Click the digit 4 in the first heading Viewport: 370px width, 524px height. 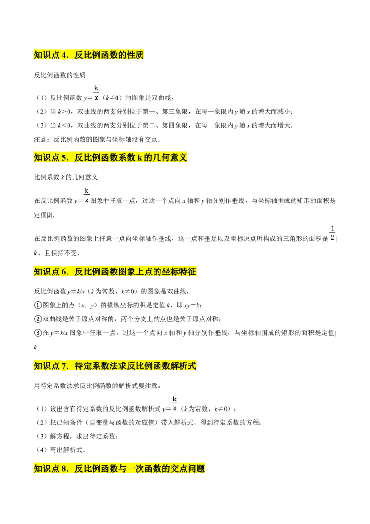tap(64, 56)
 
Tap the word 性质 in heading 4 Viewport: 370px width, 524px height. tap(135, 56)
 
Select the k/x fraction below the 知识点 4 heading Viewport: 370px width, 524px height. tap(96, 93)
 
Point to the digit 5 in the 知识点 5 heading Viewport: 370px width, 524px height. tap(64, 157)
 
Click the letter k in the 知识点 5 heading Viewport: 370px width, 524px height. tap(139, 157)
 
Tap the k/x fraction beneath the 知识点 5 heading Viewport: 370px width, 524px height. tap(86, 195)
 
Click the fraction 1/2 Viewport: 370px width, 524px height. tap(332, 233)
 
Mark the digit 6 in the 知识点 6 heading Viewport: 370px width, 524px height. tap(64, 272)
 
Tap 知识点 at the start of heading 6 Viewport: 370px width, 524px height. tap(46, 272)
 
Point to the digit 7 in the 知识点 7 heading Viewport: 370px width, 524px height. tap(64, 366)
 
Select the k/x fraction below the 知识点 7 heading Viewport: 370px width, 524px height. tap(175, 403)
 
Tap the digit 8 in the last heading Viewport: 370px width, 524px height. tap(64, 468)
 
